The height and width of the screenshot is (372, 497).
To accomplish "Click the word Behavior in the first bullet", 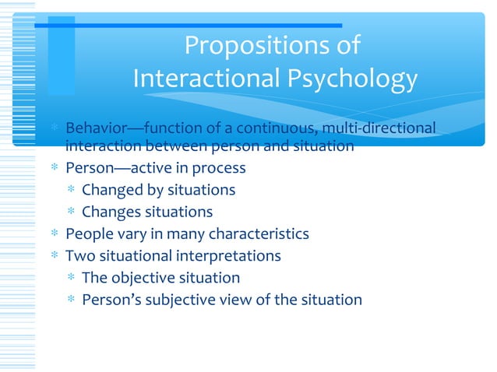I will point(92,127).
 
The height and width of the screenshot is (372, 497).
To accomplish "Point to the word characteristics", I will point(261,233).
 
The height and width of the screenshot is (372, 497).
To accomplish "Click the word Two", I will point(79,255).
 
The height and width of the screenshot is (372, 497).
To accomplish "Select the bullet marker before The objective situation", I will point(71,279).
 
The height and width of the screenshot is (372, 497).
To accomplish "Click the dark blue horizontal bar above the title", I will point(187,25).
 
